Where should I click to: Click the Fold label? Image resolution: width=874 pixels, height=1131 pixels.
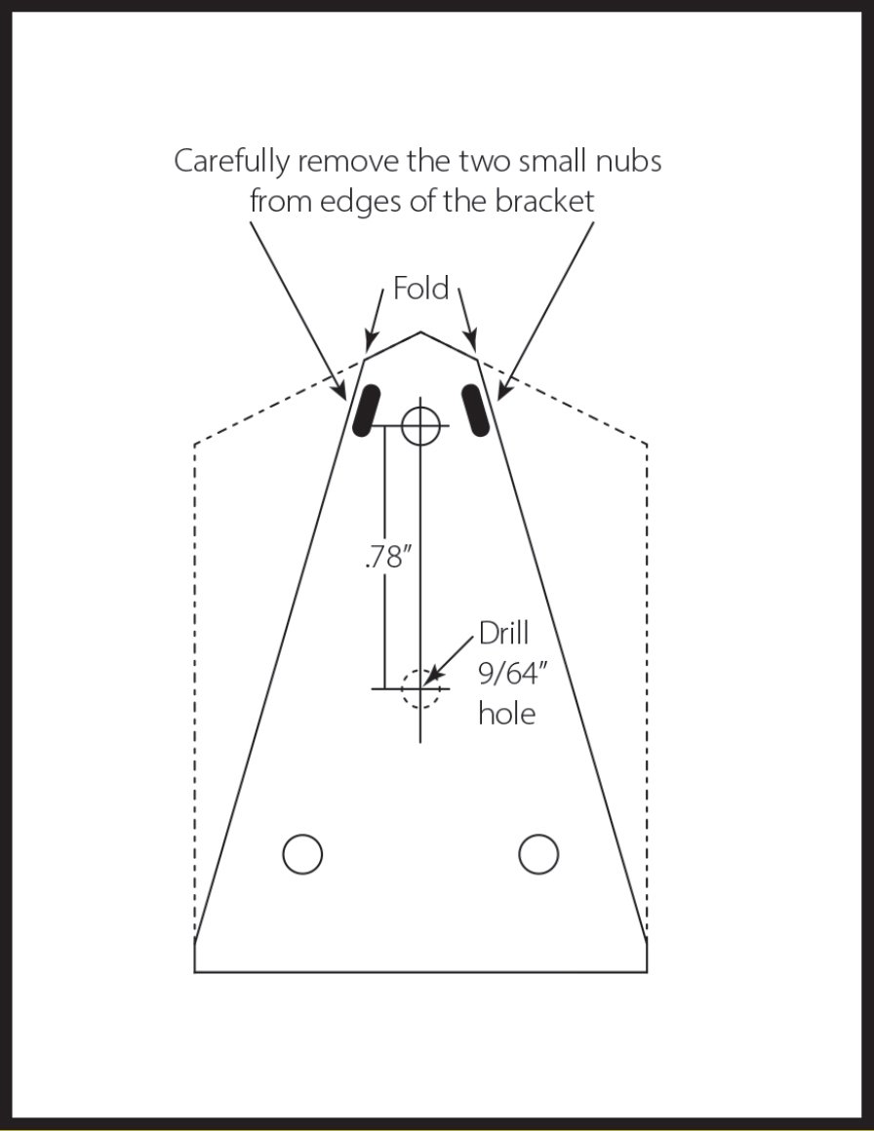pos(420,289)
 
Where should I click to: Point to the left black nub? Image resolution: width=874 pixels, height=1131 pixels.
pos(366,410)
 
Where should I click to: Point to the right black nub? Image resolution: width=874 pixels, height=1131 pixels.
pos(476,410)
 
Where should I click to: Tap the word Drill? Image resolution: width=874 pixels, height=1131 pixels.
pos(503,634)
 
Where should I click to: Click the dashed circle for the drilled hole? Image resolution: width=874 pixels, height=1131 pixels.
pos(420,688)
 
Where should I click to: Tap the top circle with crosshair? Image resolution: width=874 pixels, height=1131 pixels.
pos(420,425)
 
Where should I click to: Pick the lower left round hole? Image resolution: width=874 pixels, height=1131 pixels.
pos(302,854)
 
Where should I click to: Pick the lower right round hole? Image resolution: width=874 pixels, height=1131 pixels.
pos(538,854)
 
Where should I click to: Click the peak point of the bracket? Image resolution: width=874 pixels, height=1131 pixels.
pos(420,332)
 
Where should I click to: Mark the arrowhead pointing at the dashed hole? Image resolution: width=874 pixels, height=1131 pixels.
pos(432,676)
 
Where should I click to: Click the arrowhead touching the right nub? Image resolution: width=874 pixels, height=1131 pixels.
pos(501,394)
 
